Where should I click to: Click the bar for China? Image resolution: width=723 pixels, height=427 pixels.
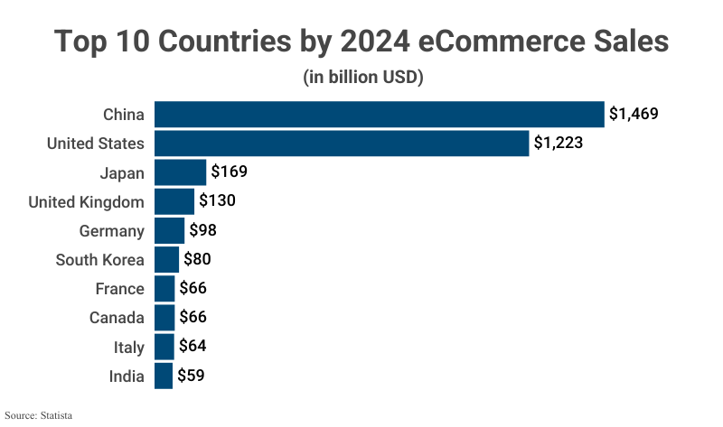point(379,115)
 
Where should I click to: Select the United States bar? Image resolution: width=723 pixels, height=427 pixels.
point(342,144)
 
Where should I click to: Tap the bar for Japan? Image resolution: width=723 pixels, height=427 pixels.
point(181,172)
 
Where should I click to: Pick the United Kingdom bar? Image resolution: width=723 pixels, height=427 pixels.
point(174,201)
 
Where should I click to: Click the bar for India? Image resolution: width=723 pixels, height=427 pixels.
point(164,376)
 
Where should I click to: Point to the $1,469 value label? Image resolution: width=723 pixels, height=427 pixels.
point(634,115)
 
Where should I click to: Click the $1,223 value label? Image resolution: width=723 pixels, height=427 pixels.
point(558,144)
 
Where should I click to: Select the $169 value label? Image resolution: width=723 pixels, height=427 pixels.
point(229,172)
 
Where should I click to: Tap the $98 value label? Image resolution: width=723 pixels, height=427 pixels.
point(202,230)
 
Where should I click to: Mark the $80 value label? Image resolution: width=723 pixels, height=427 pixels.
point(197,260)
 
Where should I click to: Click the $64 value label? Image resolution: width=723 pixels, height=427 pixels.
point(192,347)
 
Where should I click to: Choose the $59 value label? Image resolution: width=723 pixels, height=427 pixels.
point(191,376)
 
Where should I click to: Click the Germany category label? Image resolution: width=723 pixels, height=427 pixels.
point(111,231)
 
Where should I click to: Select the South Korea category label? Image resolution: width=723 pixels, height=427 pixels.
point(99,260)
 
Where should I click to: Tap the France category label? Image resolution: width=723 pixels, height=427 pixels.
point(119,289)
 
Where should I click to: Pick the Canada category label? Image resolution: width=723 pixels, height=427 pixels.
point(117,318)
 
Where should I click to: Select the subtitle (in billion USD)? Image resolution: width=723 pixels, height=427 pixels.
point(362,78)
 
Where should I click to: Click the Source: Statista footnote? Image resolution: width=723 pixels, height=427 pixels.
point(38,416)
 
